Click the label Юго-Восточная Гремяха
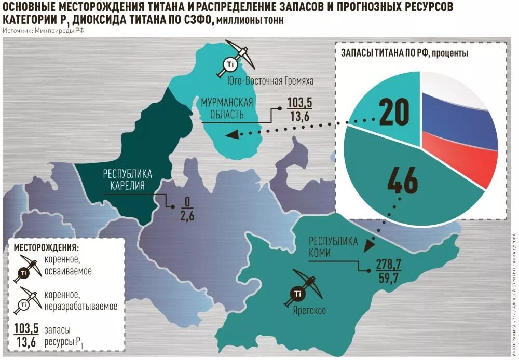pos(271,81)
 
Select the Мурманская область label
pos(227,108)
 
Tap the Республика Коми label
pos(333,247)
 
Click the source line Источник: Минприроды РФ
pos(44,31)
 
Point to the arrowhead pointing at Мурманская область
pos(232,135)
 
